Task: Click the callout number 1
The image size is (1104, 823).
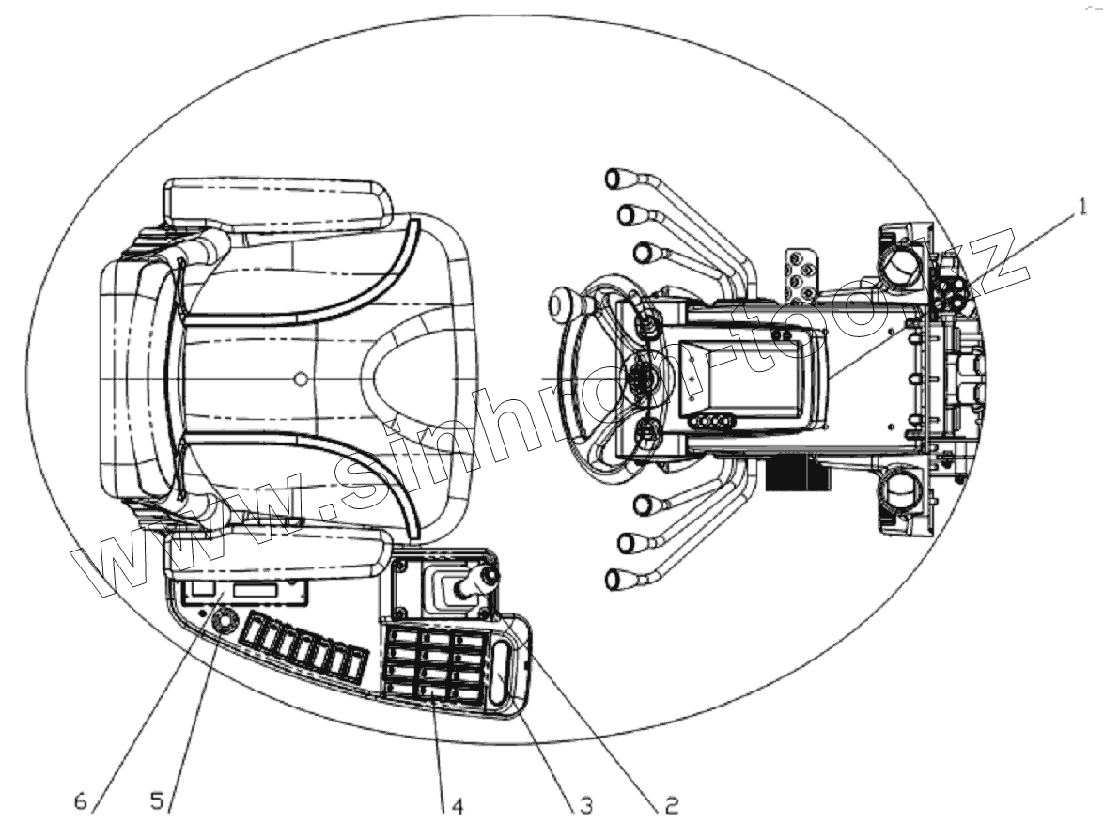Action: click(1081, 201)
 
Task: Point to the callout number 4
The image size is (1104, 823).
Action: click(457, 805)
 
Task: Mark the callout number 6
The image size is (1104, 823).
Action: click(83, 803)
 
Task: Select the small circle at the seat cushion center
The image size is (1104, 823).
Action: click(300, 379)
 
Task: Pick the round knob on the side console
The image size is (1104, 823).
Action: click(226, 621)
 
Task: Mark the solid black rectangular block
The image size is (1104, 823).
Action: click(798, 475)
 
